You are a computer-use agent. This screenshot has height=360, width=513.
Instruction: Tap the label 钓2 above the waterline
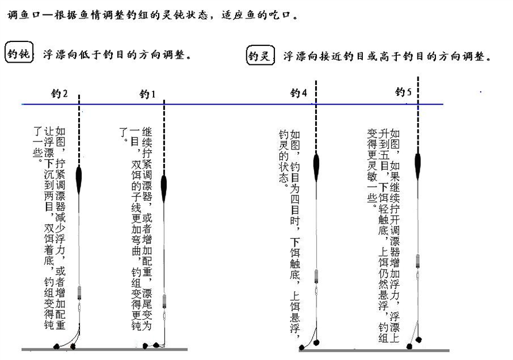60,93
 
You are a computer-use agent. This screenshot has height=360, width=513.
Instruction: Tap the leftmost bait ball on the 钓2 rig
56,346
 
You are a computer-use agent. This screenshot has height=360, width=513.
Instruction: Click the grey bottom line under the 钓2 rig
104,350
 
